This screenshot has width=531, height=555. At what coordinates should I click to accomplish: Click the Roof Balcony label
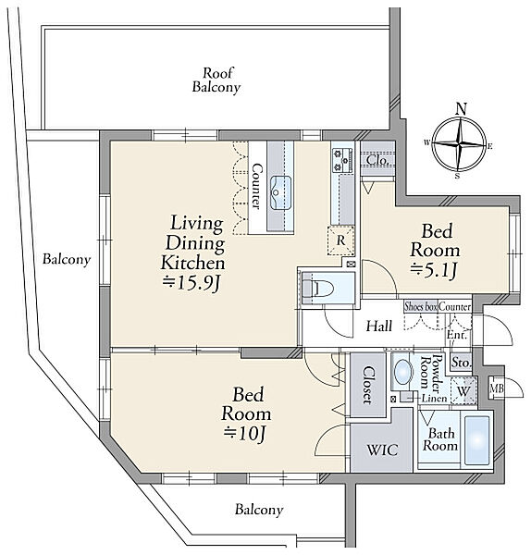point(216,80)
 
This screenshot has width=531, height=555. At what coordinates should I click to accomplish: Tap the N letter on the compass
point(461,108)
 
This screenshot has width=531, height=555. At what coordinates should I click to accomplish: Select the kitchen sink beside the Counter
point(280,192)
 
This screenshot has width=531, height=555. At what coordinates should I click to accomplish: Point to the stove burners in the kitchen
point(342,160)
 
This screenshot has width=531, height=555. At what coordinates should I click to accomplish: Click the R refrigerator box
point(340,240)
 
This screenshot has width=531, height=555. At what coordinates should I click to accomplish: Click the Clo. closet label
point(378,160)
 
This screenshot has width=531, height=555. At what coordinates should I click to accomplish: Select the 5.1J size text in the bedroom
point(434,271)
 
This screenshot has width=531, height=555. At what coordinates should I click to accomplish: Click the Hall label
point(379,326)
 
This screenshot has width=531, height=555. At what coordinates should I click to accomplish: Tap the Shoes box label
point(421,306)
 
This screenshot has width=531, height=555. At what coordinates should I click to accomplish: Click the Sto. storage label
point(462,363)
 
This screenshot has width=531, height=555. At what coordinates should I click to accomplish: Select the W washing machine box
point(463,391)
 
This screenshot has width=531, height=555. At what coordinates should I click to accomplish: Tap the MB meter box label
point(496,388)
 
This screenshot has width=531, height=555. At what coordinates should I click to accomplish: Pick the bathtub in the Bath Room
point(477,440)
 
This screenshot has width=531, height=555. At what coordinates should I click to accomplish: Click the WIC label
point(382,450)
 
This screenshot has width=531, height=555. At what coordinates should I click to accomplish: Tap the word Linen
point(434,399)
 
